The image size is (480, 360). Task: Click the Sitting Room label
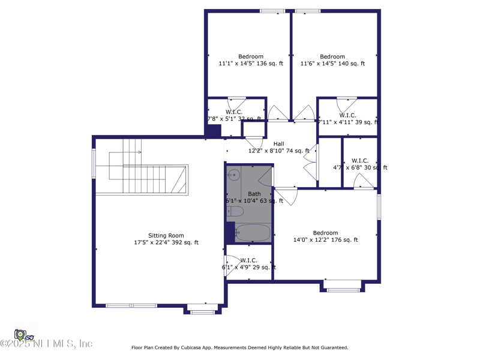point(166,235)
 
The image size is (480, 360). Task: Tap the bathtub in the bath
point(253,233)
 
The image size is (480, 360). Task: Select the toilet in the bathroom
point(235,211)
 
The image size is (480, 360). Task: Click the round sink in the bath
point(234,175)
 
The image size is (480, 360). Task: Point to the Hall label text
point(278,143)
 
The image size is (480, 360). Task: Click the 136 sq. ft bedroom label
point(250,56)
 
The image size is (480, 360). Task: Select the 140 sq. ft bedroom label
point(332,56)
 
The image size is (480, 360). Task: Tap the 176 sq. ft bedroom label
point(325,233)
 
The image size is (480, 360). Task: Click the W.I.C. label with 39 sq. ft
point(347,115)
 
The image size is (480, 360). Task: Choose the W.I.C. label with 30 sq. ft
point(359,160)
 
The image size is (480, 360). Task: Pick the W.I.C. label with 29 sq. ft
point(248,260)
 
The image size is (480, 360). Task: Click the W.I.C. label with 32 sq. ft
point(234,112)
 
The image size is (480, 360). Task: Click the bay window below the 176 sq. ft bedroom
point(343,287)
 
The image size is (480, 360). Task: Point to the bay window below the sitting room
point(202,310)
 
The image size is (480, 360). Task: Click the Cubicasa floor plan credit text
point(239,347)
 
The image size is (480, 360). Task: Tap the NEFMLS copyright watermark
point(46,344)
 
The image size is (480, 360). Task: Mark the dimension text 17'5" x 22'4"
point(166,243)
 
